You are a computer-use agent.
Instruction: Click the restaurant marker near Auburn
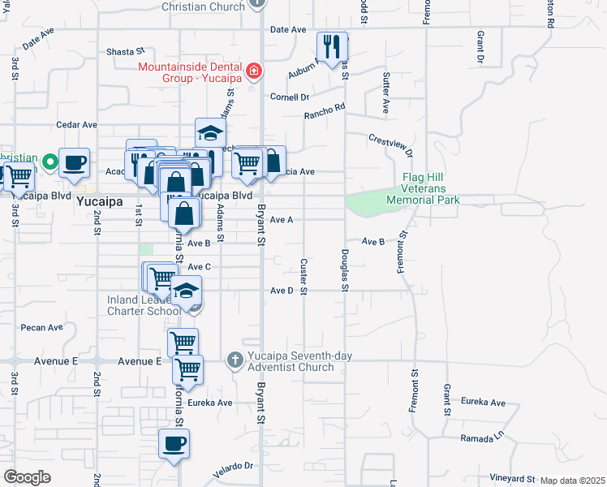pyautogui.click(x=332, y=47)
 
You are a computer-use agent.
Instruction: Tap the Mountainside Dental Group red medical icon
pyautogui.click(x=254, y=71)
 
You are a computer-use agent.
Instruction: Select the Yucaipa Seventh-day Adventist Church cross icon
pyautogui.click(x=235, y=360)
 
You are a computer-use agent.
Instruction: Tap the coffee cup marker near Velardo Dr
pyautogui.click(x=174, y=444)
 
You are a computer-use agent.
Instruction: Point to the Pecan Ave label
pyautogui.click(x=43, y=328)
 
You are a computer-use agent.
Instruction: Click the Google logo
pyautogui.click(x=27, y=477)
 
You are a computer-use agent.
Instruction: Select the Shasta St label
pyautogui.click(x=125, y=51)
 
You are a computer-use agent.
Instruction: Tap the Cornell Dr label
pyautogui.click(x=290, y=97)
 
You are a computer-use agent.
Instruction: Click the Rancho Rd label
pyautogui.click(x=325, y=111)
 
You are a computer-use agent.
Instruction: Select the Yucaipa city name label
pyautogui.click(x=98, y=206)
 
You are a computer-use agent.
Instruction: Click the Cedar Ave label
pyautogui.click(x=76, y=125)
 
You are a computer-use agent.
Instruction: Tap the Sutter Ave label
pyautogui.click(x=386, y=93)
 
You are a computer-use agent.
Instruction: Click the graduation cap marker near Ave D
pyautogui.click(x=186, y=292)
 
